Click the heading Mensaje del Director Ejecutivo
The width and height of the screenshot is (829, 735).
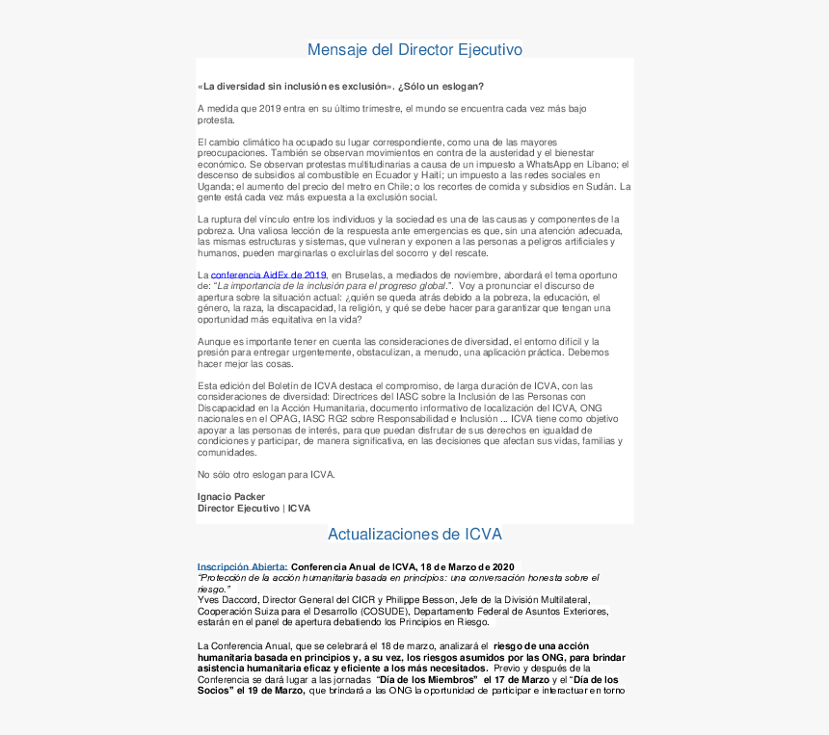click(x=414, y=49)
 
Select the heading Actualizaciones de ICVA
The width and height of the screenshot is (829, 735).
click(x=414, y=534)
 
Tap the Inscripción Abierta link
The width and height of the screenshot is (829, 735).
click(x=243, y=566)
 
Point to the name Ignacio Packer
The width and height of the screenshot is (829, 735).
click(x=231, y=497)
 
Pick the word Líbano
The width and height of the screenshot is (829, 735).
click(x=602, y=165)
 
